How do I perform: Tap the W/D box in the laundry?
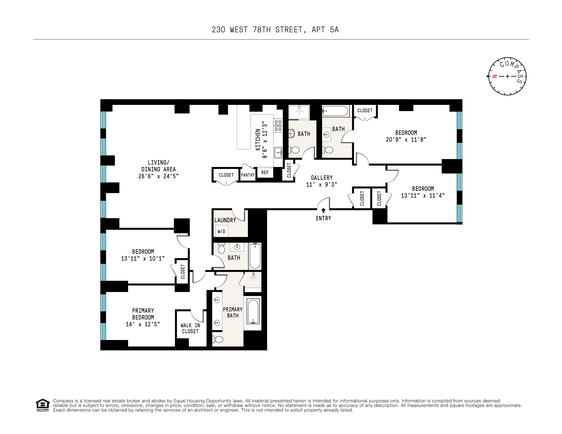tap(221, 231)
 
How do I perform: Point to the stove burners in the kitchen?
tap(278, 126)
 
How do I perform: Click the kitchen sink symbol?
tap(278, 153)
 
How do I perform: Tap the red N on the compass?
tap(494, 76)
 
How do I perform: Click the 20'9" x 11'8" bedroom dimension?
tap(406, 139)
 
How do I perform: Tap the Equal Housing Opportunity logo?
tap(42, 405)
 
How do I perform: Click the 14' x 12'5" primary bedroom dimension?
tap(143, 324)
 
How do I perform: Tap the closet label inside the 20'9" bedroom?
tap(365, 110)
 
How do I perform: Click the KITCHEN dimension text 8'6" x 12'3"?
tap(264, 140)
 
